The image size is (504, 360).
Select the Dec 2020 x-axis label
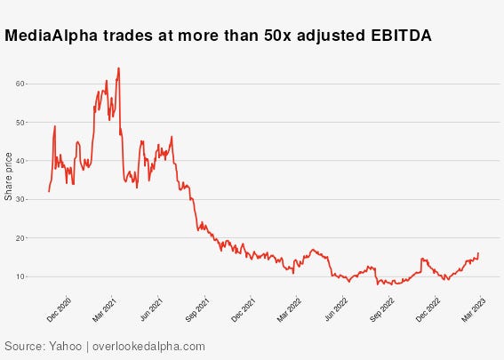(x=60, y=308)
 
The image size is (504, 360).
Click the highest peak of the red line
(x=118, y=68)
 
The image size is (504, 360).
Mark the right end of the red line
(x=478, y=253)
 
